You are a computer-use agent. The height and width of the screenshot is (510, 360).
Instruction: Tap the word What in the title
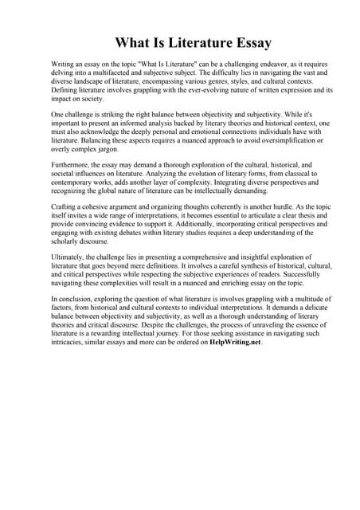135,41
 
